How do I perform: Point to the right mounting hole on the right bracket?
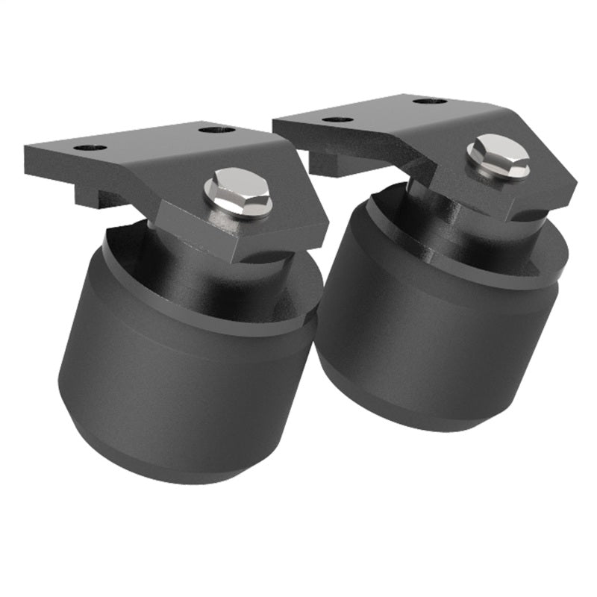coord(430,101)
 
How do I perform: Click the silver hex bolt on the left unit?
coord(237,192)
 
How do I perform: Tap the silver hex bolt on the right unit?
coord(498,157)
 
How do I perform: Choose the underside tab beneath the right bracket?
coord(328,164)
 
